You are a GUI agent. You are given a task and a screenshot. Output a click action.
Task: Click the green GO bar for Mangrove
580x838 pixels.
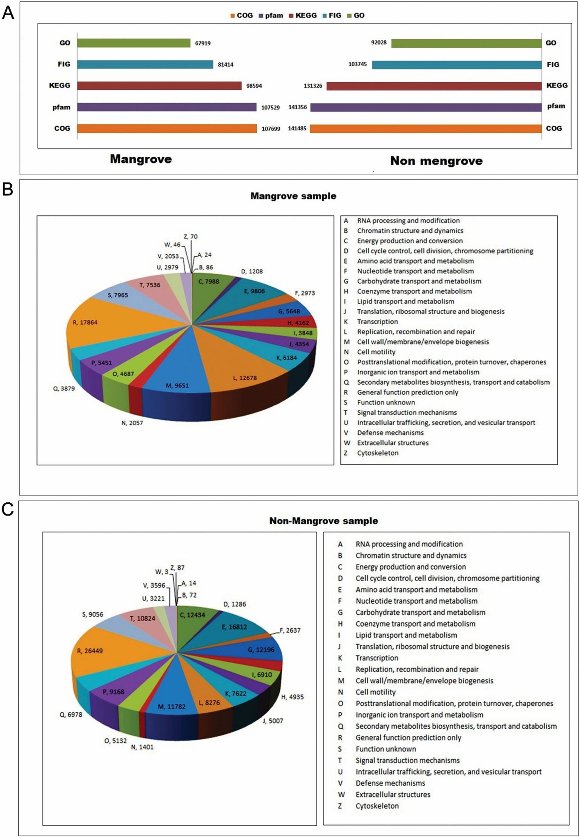(133, 43)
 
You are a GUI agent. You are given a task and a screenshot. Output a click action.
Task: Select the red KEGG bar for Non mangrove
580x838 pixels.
(434, 86)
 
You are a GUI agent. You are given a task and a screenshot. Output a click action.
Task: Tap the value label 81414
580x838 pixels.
(226, 65)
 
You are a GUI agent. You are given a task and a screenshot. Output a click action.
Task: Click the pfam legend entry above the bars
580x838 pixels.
(271, 16)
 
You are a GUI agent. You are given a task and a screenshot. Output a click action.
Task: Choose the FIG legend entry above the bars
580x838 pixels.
(332, 16)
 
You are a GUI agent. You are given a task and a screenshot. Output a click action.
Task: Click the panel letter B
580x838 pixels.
(8, 189)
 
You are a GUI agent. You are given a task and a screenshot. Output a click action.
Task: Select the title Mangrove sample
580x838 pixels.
(293, 196)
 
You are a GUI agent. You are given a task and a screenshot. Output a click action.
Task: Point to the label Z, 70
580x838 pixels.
(190, 236)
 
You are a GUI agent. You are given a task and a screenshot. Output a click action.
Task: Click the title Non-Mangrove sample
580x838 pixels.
(323, 520)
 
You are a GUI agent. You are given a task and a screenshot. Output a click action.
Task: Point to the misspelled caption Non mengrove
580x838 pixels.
(436, 161)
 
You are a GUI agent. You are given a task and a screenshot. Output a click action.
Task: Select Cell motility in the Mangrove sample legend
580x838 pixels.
(376, 352)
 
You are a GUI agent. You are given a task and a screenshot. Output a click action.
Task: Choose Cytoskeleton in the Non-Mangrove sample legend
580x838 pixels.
(377, 806)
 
